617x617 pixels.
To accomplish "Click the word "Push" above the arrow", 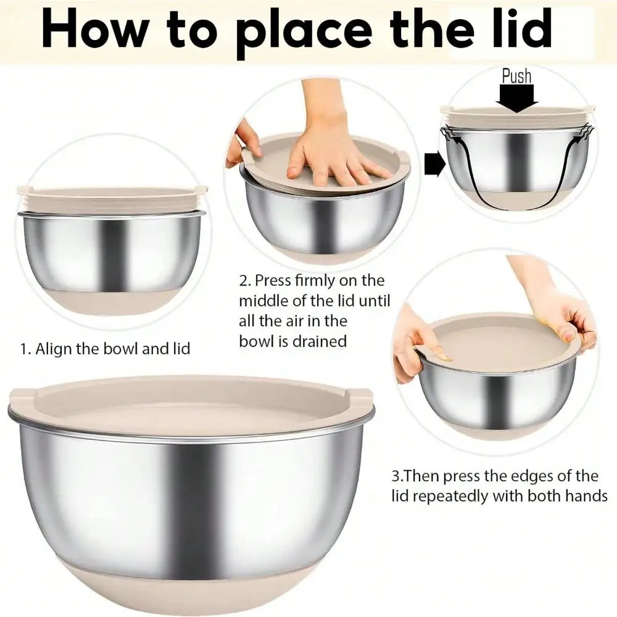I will coord(516,76).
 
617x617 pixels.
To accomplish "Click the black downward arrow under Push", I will coord(517,99).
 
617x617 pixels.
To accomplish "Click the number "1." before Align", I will coord(25,349).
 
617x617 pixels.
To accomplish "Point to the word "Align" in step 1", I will coord(54,349).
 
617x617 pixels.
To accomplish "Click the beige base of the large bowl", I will coord(191,586).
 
